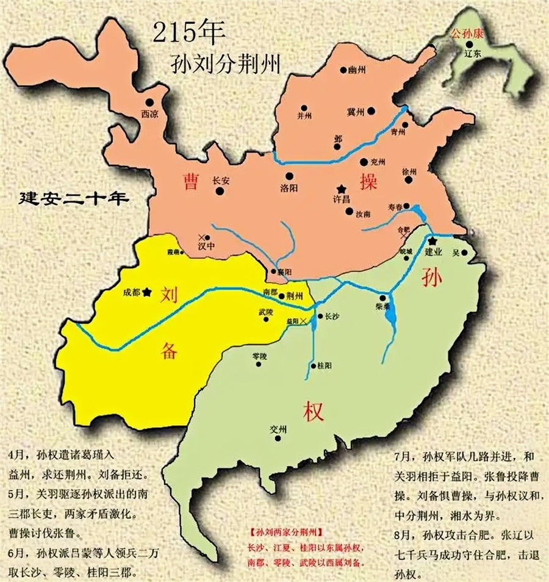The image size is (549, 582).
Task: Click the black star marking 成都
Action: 147,292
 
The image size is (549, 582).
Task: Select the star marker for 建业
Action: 432,242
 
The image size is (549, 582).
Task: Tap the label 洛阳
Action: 289,188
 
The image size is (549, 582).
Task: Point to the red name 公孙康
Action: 467,32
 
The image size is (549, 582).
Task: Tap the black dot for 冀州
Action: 371,112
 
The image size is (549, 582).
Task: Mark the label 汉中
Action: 207,247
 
